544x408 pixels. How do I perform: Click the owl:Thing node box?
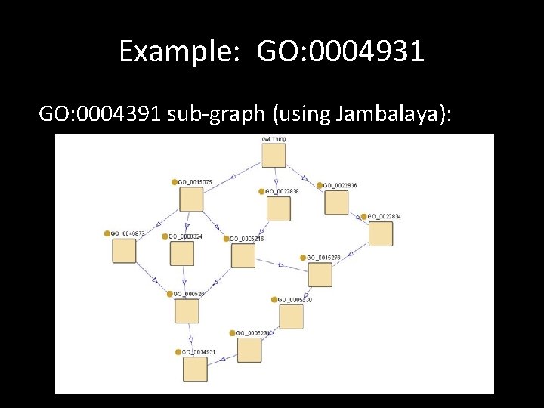[274, 155]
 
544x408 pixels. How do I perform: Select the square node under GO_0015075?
[191, 199]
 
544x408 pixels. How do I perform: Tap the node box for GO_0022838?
[278, 208]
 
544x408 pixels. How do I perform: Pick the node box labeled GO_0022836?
[336, 202]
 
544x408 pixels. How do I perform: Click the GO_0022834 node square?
[381, 233]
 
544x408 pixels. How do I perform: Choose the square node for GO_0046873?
[124, 251]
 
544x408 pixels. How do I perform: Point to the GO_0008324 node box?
[182, 253]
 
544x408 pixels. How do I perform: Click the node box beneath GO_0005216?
[243, 255]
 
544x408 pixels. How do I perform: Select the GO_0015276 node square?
[320, 274]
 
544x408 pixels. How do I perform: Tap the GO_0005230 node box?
[291, 316]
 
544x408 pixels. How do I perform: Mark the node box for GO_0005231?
[249, 350]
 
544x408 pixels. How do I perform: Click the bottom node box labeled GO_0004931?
[195, 369]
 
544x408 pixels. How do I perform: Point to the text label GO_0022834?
[385, 217]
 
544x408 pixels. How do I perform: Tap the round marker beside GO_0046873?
[107, 233]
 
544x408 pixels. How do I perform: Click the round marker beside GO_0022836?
[320, 185]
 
